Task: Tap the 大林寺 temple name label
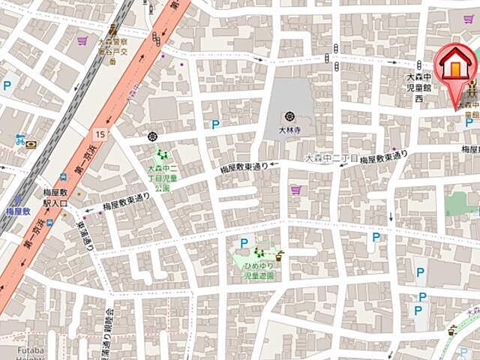289,129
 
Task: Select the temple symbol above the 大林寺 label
289,116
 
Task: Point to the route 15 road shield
100,133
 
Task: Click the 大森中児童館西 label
420,87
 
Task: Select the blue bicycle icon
20,139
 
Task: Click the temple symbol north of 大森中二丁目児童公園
153,136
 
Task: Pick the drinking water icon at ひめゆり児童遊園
280,255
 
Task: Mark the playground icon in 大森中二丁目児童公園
160,154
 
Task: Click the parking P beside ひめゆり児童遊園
244,242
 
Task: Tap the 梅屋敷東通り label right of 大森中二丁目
382,158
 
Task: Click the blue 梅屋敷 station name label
16,212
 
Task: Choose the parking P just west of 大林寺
215,124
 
